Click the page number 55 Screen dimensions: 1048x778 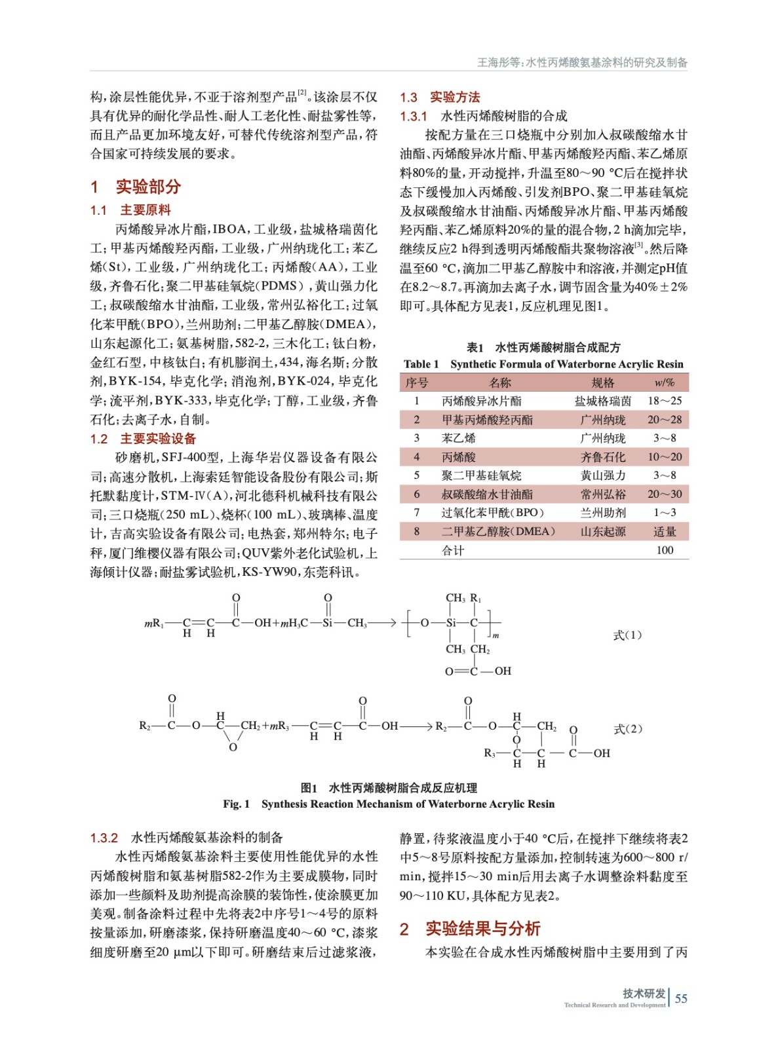click(x=681, y=998)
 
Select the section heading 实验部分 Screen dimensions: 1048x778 click(x=148, y=187)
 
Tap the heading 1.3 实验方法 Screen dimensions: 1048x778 click(x=440, y=97)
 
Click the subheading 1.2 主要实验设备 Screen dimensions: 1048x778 click(x=144, y=439)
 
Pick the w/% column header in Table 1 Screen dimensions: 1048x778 click(x=664, y=383)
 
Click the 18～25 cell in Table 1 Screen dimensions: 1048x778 click(x=665, y=401)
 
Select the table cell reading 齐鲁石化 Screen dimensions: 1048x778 click(x=603, y=457)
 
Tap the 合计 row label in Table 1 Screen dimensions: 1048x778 click(x=453, y=551)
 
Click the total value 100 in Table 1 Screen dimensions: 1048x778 click(x=665, y=551)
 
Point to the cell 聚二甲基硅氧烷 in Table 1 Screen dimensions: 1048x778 click(x=482, y=476)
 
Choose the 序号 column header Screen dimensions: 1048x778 click(x=417, y=383)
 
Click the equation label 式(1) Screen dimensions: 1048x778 click(x=627, y=635)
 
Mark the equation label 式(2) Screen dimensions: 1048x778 click(x=627, y=728)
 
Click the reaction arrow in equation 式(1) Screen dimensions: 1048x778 click(x=383, y=622)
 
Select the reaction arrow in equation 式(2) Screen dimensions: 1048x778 click(x=416, y=726)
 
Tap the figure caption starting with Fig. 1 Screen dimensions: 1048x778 click(x=388, y=804)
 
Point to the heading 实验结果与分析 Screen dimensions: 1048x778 click(x=482, y=929)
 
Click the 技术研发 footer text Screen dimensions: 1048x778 click(x=644, y=993)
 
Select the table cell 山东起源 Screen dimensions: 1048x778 click(x=603, y=532)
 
